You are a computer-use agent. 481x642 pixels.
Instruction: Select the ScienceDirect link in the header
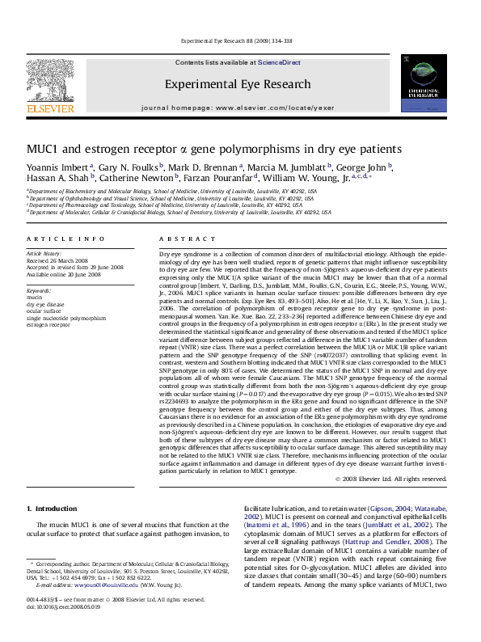pos(279,62)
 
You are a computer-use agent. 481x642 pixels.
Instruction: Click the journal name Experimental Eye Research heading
pos(238,84)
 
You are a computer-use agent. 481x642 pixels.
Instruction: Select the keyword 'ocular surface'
pos(45,310)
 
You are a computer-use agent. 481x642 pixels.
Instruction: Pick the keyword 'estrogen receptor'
pos(49,324)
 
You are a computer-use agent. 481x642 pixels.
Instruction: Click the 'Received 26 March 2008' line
pos(57,261)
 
